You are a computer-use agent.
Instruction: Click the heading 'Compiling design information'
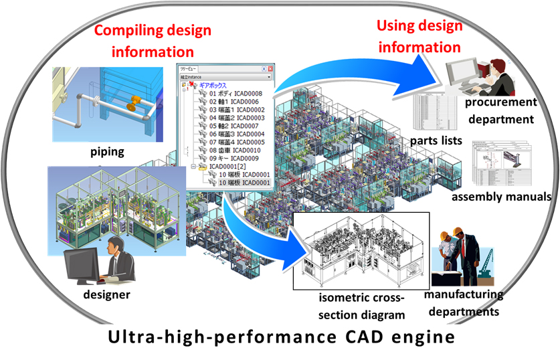pyautogui.click(x=152, y=40)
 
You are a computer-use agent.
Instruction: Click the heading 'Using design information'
pyautogui.click(x=419, y=37)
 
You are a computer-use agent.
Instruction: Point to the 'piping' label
pyautogui.click(x=107, y=152)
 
